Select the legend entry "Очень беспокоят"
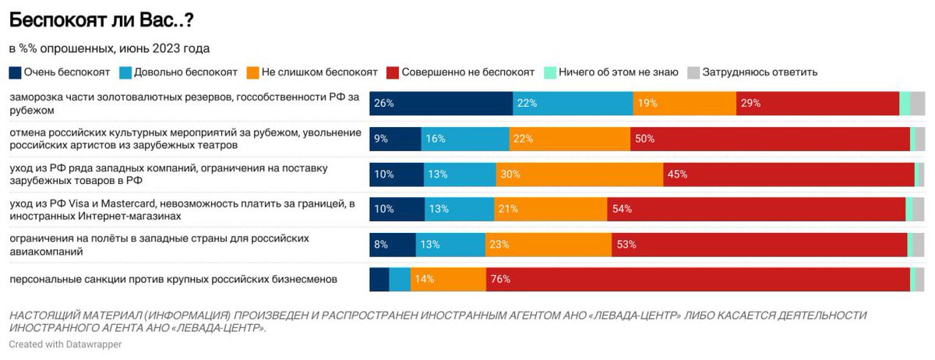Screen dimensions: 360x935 62,72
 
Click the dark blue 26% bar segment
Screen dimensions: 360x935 441,103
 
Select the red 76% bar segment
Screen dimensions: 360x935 698,280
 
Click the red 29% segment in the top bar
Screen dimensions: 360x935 817,103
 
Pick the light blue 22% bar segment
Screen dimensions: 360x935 573,103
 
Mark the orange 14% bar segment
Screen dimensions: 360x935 448,280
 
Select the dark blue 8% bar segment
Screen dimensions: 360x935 393,245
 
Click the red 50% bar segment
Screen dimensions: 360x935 770,139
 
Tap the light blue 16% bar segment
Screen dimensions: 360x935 465,139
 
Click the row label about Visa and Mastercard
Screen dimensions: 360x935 182,210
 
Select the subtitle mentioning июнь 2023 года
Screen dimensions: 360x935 109,48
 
